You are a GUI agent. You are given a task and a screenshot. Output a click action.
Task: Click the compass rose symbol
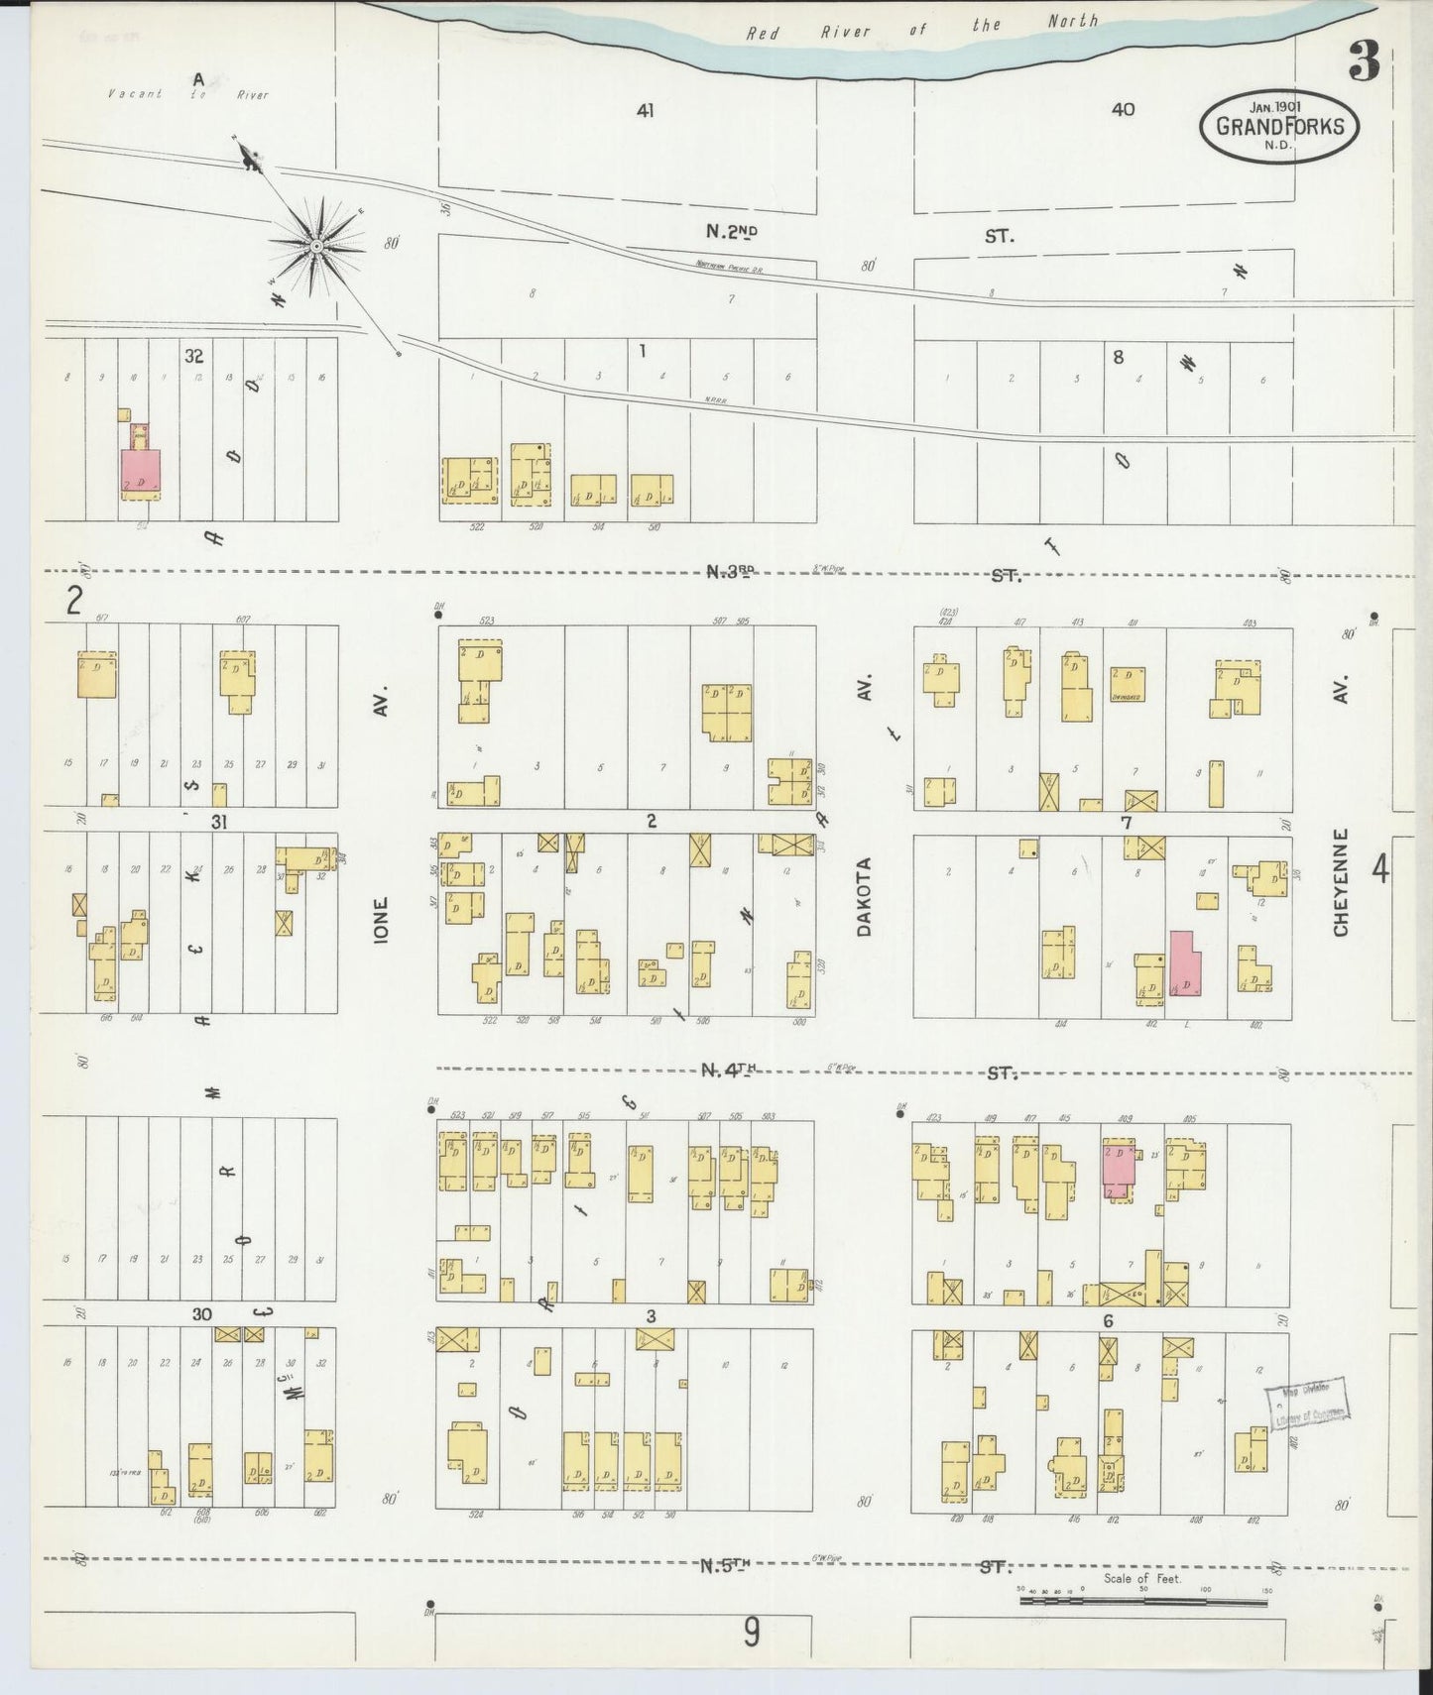point(316,245)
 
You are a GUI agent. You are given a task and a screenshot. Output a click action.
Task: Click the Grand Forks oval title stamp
point(1279,126)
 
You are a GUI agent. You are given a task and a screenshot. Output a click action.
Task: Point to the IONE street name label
point(382,919)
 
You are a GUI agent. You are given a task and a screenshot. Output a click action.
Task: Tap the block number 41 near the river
point(645,111)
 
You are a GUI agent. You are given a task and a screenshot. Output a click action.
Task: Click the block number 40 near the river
point(1122,110)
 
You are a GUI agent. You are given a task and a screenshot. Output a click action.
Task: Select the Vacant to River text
point(188,95)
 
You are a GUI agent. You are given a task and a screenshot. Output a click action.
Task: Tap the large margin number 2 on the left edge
point(72,602)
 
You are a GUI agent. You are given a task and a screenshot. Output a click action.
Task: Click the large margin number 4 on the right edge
point(1379,869)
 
